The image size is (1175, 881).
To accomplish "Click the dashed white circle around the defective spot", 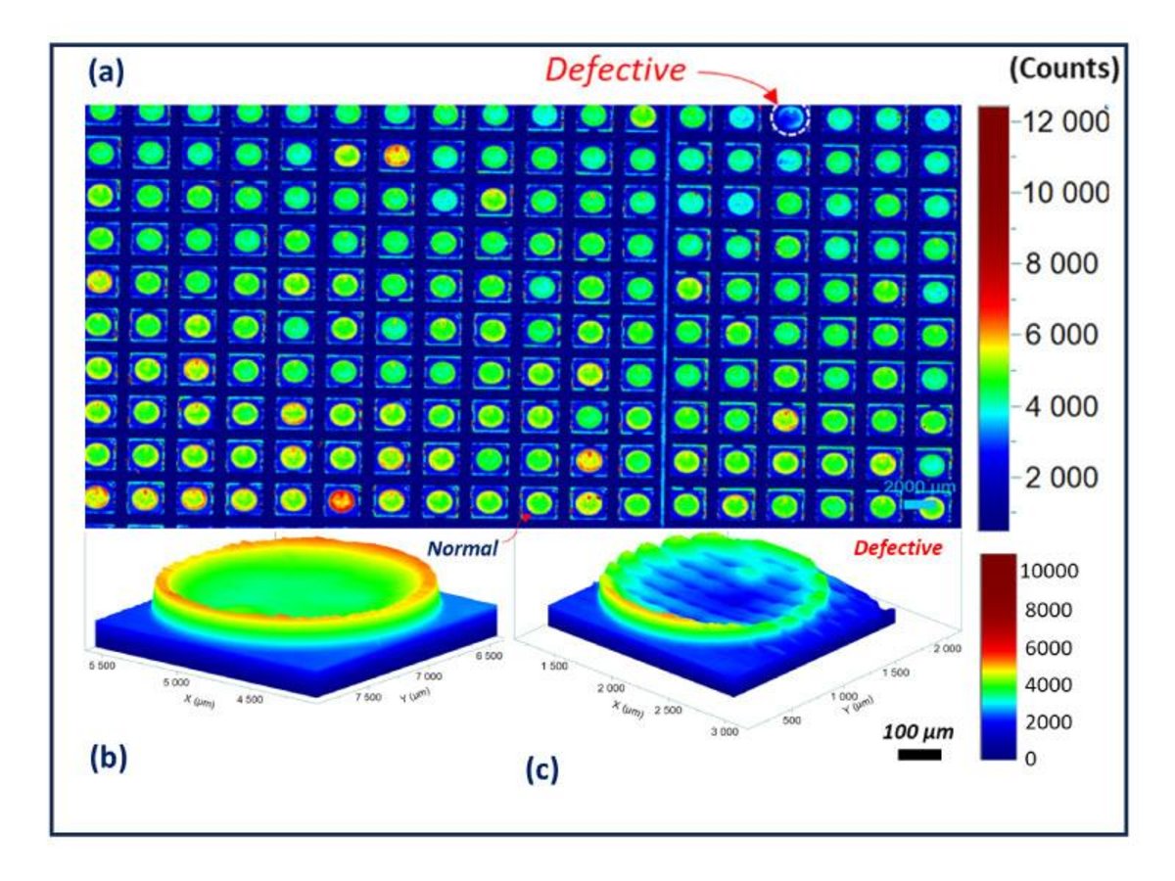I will click(790, 119).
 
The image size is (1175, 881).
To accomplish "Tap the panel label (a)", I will click(105, 71).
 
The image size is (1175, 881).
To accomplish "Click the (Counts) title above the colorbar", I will click(1065, 70).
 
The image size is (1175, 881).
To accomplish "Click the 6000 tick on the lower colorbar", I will click(1047, 647).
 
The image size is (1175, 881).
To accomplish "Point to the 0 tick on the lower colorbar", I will click(1031, 759).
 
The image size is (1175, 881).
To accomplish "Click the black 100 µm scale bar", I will click(918, 755).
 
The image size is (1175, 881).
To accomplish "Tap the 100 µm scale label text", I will click(917, 731).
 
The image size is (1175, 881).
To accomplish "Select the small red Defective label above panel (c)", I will click(898, 548).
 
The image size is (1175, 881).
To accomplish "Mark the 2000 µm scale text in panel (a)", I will click(916, 487).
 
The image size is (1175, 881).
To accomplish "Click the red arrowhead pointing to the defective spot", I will click(773, 98).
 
